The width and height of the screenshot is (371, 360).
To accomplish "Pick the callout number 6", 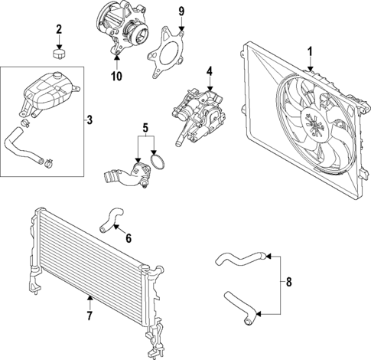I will point(128,239).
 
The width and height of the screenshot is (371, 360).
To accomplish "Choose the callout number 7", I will point(89,316).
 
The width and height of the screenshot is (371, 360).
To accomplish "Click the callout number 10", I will point(116,75).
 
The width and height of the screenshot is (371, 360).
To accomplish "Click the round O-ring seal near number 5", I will point(159,164).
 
